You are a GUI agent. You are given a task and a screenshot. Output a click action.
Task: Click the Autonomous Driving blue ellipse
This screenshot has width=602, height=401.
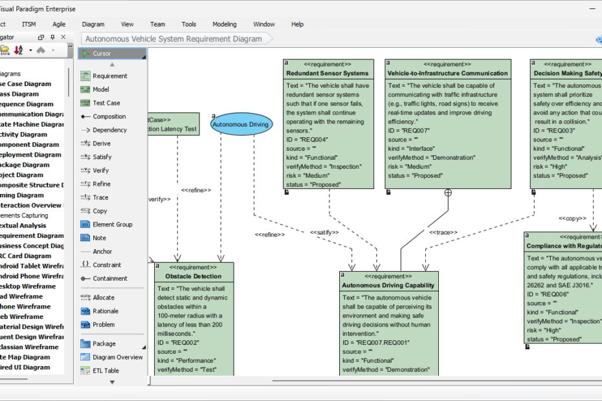tap(241, 124)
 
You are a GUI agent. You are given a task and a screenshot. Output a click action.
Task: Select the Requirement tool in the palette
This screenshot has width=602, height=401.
tap(109, 76)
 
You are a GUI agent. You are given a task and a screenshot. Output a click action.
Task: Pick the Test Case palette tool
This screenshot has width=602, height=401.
tap(106, 103)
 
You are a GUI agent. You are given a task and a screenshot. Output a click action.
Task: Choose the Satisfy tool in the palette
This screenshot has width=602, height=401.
tap(102, 157)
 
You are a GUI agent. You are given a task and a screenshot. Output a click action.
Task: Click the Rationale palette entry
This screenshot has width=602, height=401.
tap(105, 311)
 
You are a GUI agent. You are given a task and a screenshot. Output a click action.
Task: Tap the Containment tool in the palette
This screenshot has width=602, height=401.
tap(109, 279)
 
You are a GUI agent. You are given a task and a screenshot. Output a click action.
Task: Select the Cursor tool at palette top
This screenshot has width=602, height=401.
tap(102, 54)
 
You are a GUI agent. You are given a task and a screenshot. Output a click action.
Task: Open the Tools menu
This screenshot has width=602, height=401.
tap(188, 25)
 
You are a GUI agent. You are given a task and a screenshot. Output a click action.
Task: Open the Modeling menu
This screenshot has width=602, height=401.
tap(225, 25)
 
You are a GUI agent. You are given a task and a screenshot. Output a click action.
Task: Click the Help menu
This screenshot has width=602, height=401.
tap(297, 25)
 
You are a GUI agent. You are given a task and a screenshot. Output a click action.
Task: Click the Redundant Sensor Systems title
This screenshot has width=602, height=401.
tap(328, 74)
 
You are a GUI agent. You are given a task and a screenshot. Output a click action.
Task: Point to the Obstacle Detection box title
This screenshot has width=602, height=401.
tap(188, 277)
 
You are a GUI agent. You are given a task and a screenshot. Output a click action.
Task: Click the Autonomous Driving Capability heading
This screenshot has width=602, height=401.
tap(388, 285)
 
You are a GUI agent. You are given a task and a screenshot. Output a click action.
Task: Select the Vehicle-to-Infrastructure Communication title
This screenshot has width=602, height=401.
tap(447, 74)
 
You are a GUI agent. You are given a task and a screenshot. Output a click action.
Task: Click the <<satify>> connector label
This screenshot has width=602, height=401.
tap(324, 232)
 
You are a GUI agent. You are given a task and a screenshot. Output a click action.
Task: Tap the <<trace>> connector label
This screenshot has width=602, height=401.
tap(443, 232)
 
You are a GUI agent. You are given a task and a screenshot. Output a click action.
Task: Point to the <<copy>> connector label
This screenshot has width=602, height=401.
tap(572, 219)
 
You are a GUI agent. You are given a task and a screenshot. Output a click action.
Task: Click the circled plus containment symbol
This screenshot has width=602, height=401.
tap(448, 193)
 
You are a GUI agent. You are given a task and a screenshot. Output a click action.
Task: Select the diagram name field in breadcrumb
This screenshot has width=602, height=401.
tap(174, 39)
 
